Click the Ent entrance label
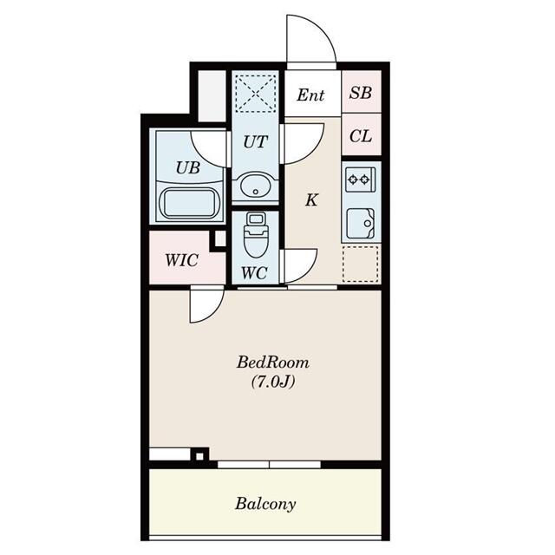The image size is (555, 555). (310, 95)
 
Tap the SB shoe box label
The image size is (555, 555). (361, 93)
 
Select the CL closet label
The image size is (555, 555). (361, 136)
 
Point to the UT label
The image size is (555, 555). (255, 142)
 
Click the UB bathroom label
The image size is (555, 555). (188, 167)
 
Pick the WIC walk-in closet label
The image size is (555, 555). (181, 260)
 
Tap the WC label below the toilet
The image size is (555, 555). (254, 273)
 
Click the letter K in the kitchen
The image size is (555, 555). (311, 200)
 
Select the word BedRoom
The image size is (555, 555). (273, 362)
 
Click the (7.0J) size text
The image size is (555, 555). (273, 382)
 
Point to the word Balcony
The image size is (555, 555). (265, 504)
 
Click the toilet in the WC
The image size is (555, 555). (256, 234)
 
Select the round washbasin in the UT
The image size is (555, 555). (256, 186)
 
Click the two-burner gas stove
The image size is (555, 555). (361, 180)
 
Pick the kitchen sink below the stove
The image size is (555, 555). (361, 224)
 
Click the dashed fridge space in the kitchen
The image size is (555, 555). (361, 264)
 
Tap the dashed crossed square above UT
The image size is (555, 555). (256, 93)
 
